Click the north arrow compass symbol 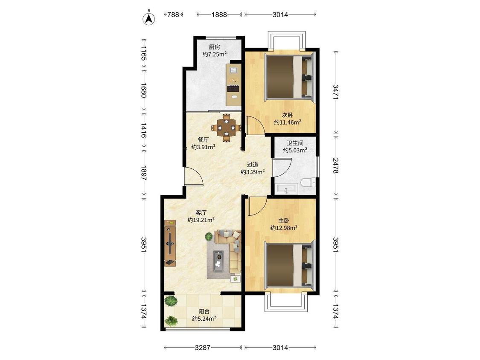(149, 18)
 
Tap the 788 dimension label (173, 15)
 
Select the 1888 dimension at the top (219, 15)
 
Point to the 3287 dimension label (203, 348)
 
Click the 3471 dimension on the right (336, 92)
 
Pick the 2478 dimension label (336, 165)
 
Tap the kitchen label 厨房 (214, 47)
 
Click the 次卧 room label (288, 115)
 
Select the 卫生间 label (295, 143)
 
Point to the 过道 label (253, 165)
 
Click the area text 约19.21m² (201, 220)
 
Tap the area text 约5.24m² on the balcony (204, 319)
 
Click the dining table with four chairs (227, 128)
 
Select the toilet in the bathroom (308, 183)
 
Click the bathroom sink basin (286, 189)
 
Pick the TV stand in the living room (170, 243)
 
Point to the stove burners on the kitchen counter (233, 89)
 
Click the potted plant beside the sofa (209, 236)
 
